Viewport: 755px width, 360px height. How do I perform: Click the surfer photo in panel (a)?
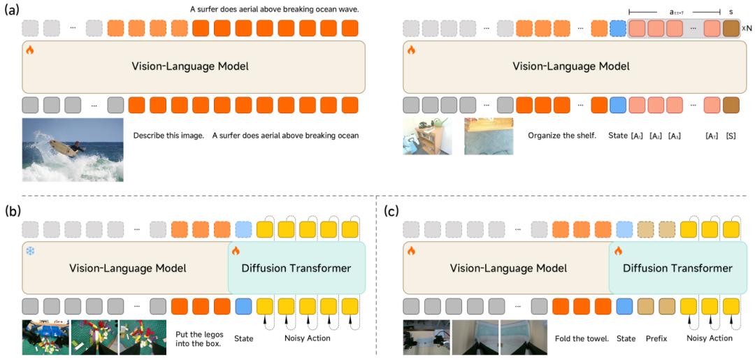point(73,150)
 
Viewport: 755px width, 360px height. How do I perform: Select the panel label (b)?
point(13,210)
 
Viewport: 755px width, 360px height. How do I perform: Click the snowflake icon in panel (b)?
point(30,250)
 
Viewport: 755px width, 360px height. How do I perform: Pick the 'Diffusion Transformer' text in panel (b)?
point(296,268)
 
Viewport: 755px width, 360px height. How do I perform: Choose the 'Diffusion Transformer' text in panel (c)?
point(677,268)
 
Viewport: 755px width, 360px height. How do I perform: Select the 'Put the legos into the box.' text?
point(199,338)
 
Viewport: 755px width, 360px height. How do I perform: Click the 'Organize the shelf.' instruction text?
point(561,135)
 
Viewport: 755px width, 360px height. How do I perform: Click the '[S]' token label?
point(731,135)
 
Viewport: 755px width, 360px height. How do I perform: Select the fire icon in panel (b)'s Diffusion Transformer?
point(236,250)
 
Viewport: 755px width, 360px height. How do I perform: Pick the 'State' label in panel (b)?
point(243,338)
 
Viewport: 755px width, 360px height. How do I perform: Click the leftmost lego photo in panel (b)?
point(45,337)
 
